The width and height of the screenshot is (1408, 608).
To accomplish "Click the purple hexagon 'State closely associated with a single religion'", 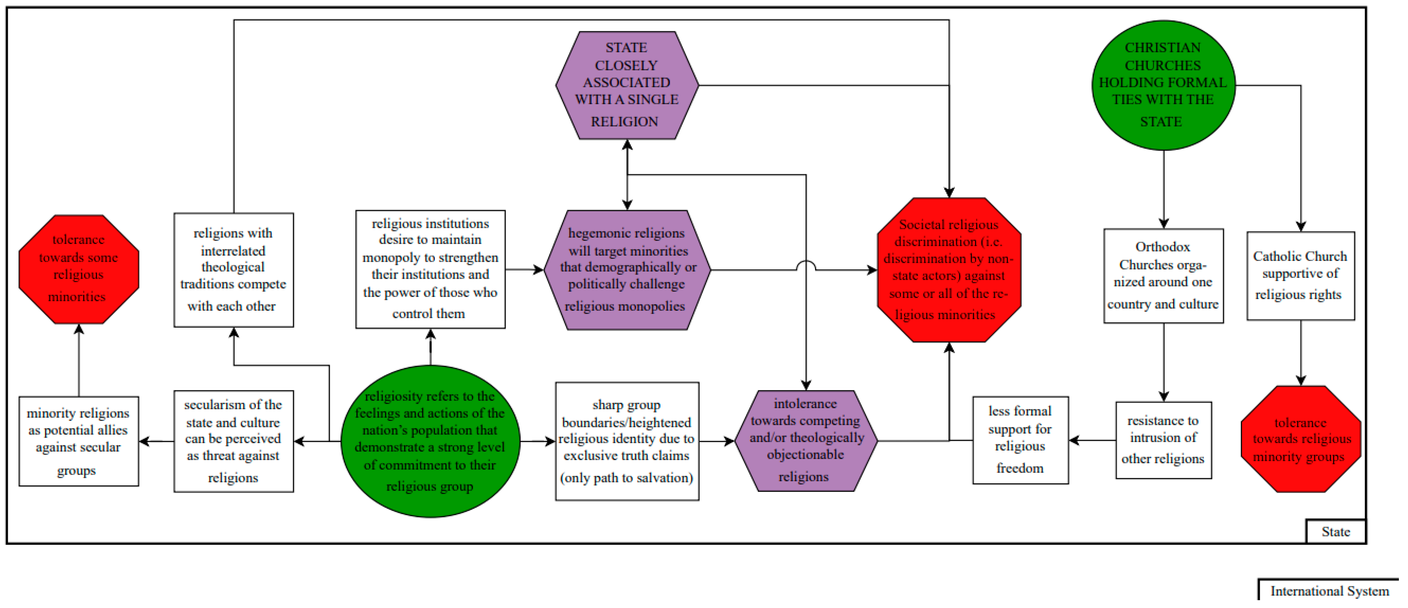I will [x=627, y=85].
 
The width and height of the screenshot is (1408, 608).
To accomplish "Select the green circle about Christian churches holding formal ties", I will [x=1163, y=85].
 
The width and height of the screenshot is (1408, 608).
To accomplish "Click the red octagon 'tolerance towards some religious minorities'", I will [x=79, y=269].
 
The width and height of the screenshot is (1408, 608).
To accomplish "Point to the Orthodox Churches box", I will [x=1163, y=275].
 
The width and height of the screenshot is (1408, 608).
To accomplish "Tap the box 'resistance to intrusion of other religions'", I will [x=1163, y=440].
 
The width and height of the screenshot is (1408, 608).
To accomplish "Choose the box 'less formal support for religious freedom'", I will [x=1020, y=440].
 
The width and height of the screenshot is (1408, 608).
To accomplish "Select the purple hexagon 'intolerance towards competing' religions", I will [x=805, y=440].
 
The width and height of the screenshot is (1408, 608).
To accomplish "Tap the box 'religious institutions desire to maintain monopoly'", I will [x=430, y=269].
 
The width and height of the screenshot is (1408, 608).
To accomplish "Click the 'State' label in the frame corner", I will [x=1335, y=531].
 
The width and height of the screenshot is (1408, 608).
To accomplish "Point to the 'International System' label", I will [x=1329, y=591].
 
